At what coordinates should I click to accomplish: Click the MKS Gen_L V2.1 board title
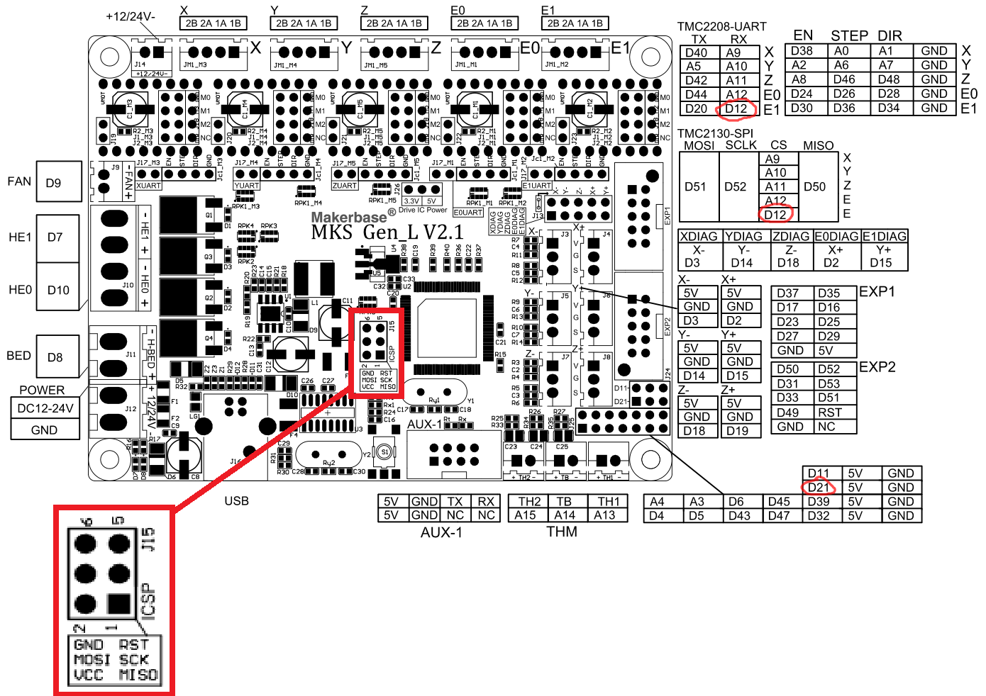click(387, 232)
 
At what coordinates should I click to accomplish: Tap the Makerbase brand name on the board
click(349, 217)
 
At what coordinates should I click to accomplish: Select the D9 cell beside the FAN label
click(53, 183)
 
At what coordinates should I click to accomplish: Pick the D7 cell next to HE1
click(55, 237)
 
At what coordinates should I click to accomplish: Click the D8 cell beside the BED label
click(55, 357)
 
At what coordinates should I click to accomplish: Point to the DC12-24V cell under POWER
click(45, 408)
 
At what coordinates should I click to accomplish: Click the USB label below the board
click(236, 501)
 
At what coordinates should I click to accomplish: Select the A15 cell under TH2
click(526, 515)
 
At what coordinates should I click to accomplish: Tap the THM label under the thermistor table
click(562, 532)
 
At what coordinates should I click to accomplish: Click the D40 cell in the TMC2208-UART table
click(696, 52)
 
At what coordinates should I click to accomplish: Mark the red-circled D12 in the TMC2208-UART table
click(736, 109)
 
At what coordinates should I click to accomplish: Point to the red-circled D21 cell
click(818, 488)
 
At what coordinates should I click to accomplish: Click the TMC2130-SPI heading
click(715, 133)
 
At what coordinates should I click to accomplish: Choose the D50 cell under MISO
click(814, 187)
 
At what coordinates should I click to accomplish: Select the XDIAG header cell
click(699, 236)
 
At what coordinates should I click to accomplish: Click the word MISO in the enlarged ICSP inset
click(138, 675)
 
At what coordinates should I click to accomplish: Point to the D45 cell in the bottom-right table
click(779, 502)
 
